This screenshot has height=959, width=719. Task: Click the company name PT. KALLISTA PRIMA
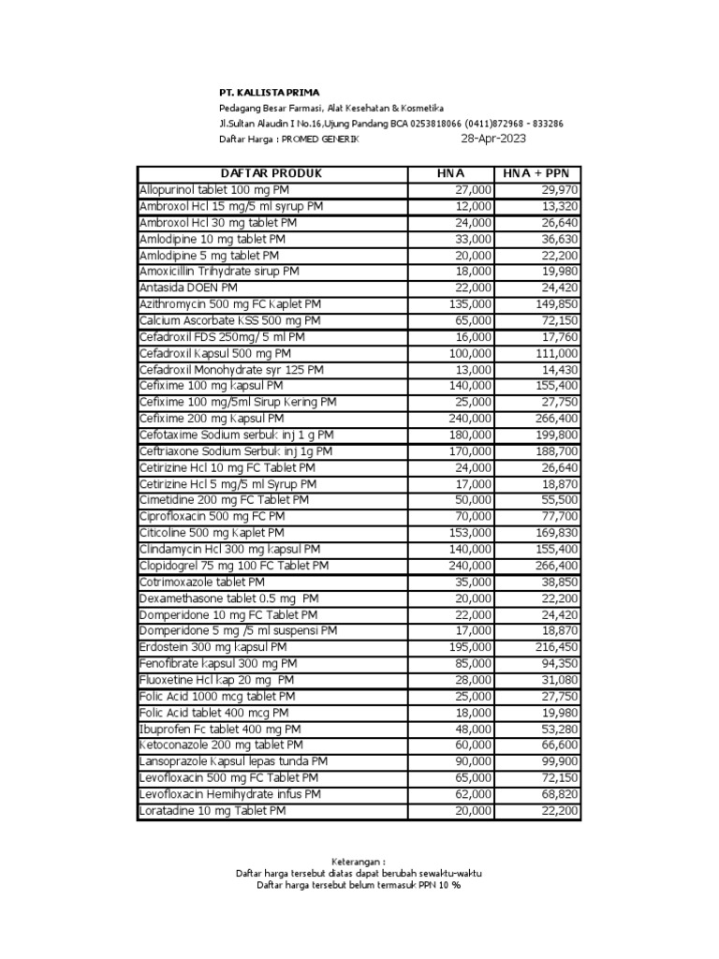(x=269, y=93)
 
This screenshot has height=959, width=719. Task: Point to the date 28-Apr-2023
(x=493, y=139)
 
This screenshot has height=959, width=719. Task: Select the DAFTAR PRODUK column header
(x=271, y=173)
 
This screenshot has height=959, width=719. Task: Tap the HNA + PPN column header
(x=536, y=173)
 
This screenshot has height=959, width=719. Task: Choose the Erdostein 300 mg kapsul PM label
(x=213, y=647)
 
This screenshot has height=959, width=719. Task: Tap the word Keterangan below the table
(x=359, y=861)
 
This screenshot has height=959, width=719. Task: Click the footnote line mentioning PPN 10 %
(x=359, y=885)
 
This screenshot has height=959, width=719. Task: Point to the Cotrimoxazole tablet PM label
(x=202, y=582)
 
